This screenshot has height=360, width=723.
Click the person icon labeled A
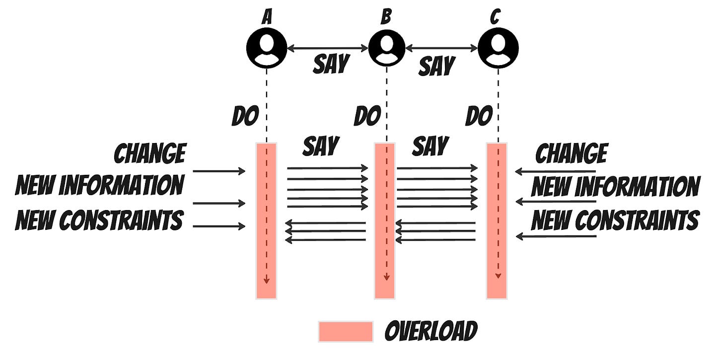pos(267,48)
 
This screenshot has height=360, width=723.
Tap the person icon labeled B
pos(386,48)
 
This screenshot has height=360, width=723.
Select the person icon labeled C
pos(498,48)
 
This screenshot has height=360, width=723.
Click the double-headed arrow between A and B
pos(327,48)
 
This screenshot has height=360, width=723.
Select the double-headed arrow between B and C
pos(442,48)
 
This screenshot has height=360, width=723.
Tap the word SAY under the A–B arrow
pos(331,64)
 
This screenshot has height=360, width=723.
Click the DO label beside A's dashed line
pos(245,116)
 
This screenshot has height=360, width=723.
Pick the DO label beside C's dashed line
pos(479,116)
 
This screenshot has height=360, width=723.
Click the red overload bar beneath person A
pos(266,221)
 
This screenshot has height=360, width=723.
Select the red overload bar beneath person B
pos(384,221)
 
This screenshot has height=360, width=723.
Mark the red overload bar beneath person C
pos(497,221)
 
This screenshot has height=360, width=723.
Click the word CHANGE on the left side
pos(150,153)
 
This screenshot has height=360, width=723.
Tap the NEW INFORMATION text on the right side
pos(616,187)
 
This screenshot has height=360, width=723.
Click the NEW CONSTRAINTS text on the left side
pos(99,219)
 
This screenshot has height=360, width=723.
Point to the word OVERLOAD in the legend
pos(431,331)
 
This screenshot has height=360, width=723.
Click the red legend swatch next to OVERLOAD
pos(346,332)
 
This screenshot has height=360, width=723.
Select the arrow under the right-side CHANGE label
pos(555,172)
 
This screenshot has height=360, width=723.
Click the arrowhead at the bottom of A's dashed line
pos(266,281)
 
